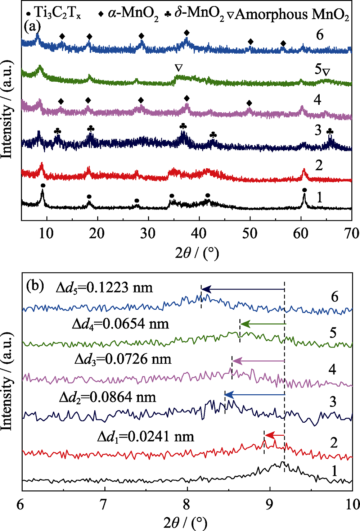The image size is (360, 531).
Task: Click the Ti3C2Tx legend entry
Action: click(54, 14)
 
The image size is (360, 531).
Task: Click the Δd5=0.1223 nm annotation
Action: click(104, 287)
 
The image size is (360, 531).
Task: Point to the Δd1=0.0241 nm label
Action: click(145, 436)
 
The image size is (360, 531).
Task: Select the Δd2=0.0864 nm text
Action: click(107, 397)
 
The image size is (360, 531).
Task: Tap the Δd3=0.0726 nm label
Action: click(123, 359)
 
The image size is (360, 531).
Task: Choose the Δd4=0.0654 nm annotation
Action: click(120, 324)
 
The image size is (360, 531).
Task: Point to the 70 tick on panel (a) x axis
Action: click(351, 233)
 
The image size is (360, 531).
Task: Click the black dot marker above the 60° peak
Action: click(305, 190)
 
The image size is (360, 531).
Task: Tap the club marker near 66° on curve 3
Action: click(330, 132)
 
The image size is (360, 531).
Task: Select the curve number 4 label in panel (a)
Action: click(317, 99)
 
